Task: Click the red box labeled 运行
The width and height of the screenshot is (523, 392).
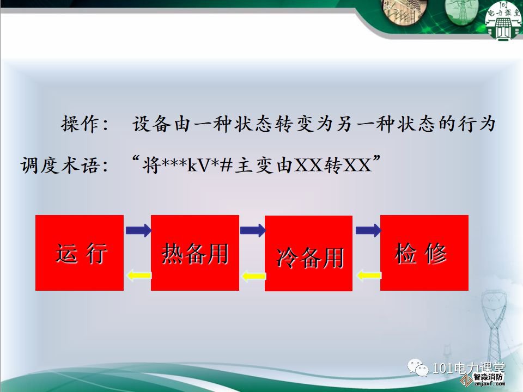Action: coord(80,253)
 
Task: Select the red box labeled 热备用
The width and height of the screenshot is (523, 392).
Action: coord(195,253)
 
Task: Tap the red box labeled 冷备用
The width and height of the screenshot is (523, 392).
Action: coord(308,253)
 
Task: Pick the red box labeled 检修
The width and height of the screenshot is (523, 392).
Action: coord(424,253)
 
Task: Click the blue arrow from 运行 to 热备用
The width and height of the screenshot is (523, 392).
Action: coord(138,230)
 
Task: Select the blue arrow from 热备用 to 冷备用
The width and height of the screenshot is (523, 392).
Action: coord(253,230)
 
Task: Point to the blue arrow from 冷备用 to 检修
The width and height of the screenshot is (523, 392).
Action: coord(368,230)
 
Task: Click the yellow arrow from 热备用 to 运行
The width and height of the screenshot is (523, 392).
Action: coord(139,275)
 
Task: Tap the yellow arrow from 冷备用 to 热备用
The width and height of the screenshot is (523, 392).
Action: coord(254,276)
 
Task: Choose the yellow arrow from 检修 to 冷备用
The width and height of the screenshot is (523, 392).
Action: coord(369,275)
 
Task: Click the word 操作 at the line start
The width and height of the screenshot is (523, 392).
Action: coord(80,124)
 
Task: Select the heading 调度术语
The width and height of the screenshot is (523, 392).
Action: coord(60,164)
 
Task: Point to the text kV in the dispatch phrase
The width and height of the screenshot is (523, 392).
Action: coord(199,164)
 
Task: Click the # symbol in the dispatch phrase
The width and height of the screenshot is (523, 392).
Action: coord(226,164)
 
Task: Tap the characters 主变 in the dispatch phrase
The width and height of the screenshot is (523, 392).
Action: coord(254,164)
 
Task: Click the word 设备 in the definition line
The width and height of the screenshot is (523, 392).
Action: coord(152,124)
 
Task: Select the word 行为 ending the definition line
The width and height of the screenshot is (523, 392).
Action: coord(476,124)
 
